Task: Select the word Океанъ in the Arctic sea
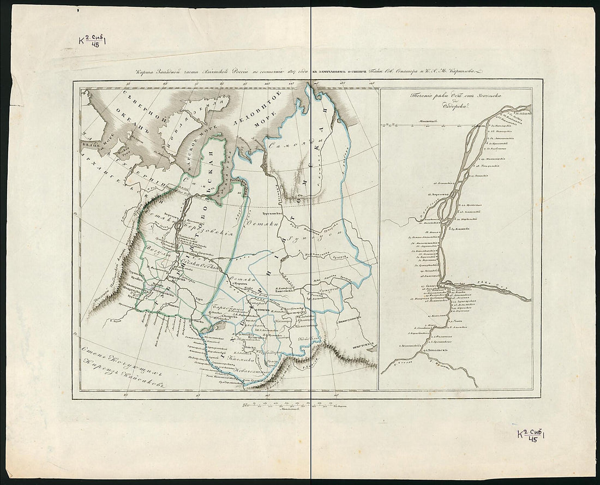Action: [123, 129]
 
